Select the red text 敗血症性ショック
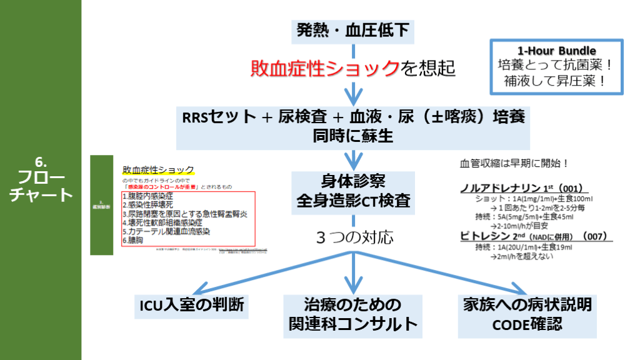[x=324, y=67]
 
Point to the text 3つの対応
[x=354, y=238]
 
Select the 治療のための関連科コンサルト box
[x=352, y=314]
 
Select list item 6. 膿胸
[x=134, y=240]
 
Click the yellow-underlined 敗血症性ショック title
[x=159, y=169]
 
